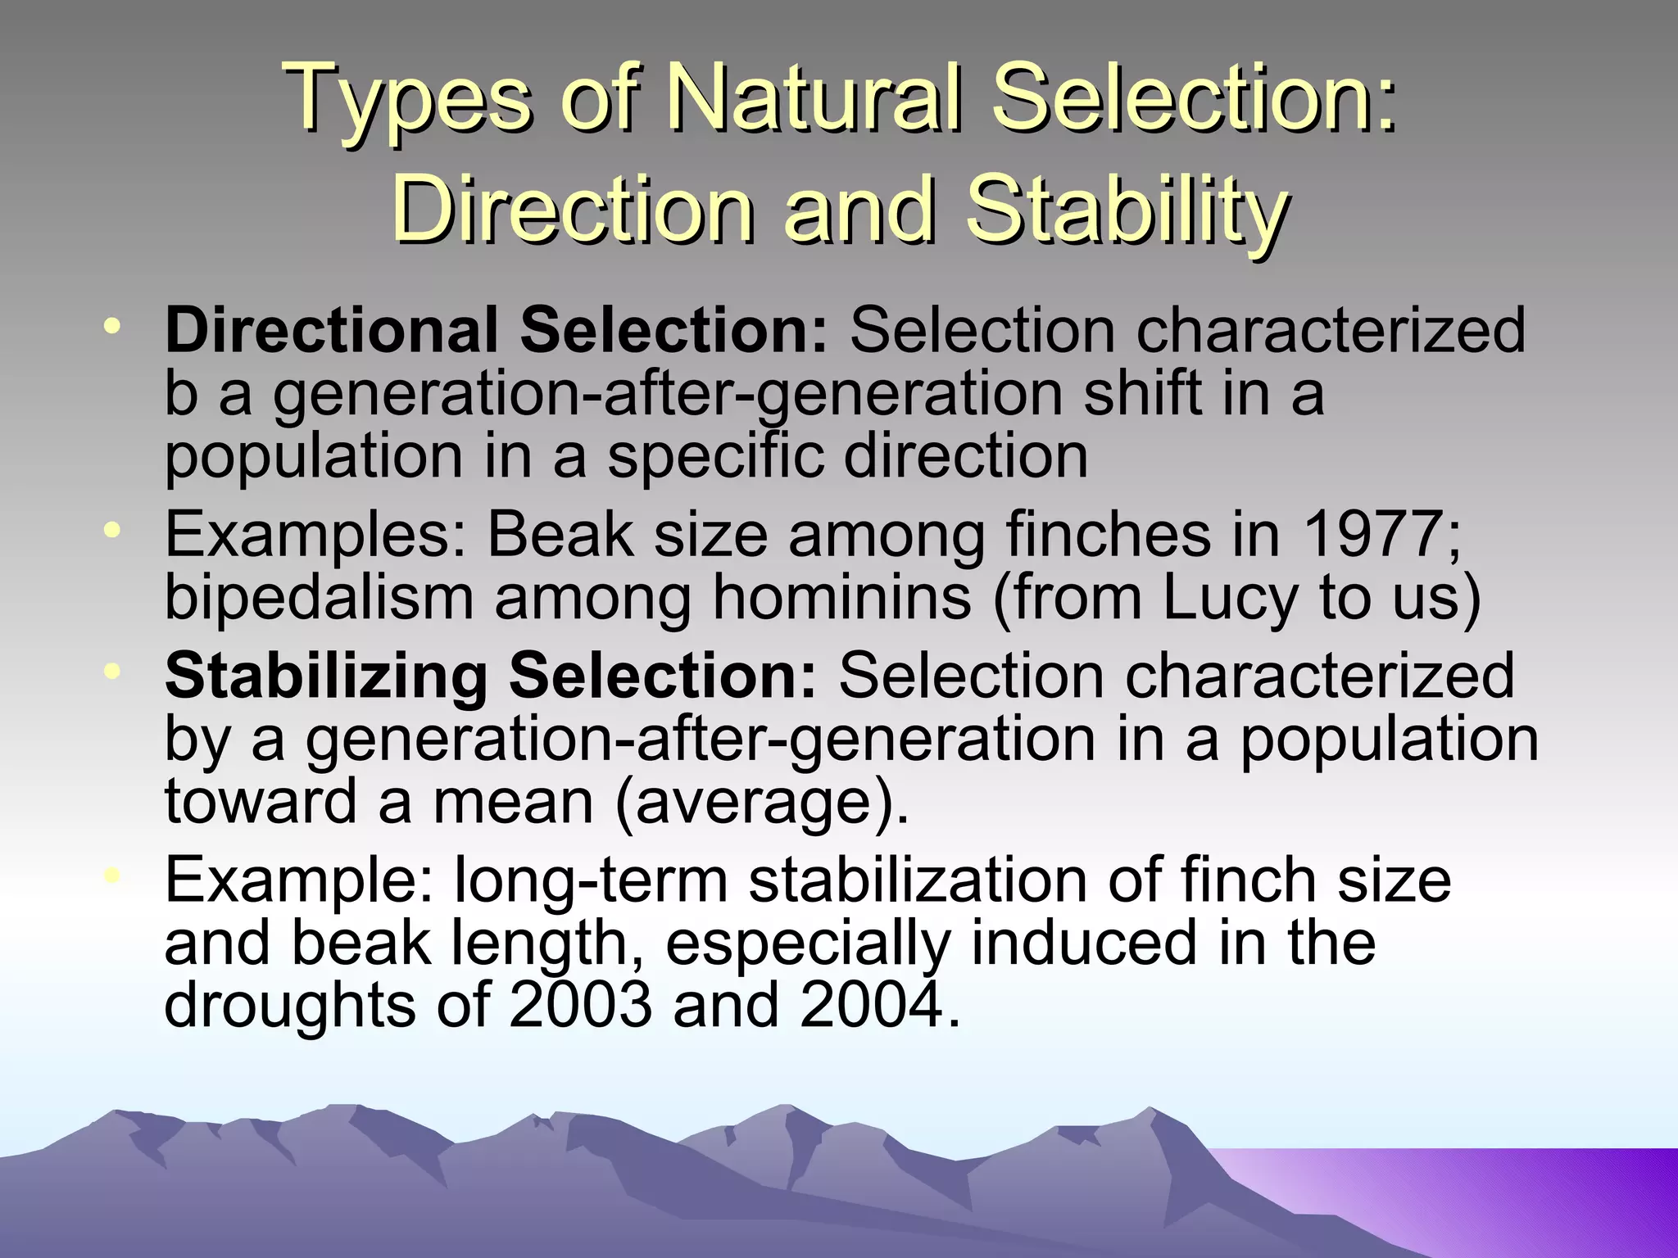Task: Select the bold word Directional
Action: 330,331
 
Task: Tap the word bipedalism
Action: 319,598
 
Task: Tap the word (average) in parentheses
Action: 761,801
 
